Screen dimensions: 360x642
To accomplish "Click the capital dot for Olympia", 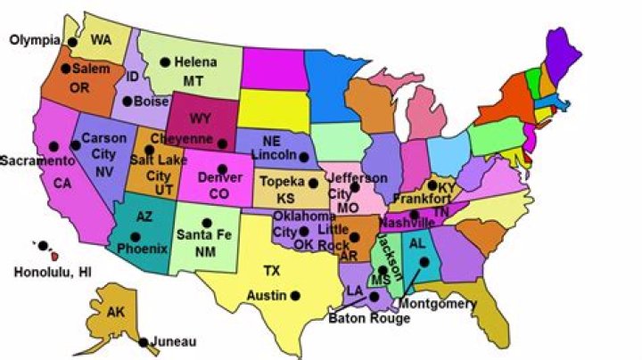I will click(x=70, y=39).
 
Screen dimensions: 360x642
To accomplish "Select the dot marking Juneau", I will click(x=143, y=342).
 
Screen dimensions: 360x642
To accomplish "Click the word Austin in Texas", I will click(x=267, y=295).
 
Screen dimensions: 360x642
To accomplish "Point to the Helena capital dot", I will click(x=165, y=61).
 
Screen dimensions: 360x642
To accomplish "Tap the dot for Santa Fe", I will click(x=207, y=223).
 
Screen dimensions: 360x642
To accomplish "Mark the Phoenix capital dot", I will click(x=136, y=237).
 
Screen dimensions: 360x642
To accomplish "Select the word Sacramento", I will click(x=37, y=161).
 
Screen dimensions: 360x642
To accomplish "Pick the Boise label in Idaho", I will click(x=152, y=102).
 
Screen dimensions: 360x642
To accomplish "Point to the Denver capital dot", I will click(x=222, y=168).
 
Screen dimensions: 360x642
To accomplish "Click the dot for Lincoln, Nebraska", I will click(x=304, y=157).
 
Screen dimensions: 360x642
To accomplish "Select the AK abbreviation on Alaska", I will click(x=116, y=313).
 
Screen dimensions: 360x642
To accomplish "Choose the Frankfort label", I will click(x=421, y=200).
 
